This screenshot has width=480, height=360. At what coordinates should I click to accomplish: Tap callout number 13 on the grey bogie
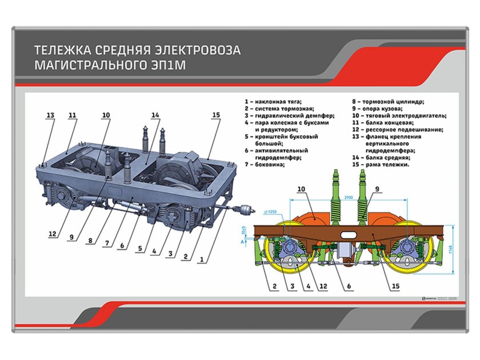pos(50,115)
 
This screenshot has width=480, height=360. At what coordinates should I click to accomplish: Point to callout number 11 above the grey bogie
pos(72,115)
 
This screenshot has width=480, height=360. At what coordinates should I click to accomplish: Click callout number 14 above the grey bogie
pos(155,115)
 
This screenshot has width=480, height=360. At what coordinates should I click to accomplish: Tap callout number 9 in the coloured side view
pos(377,189)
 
